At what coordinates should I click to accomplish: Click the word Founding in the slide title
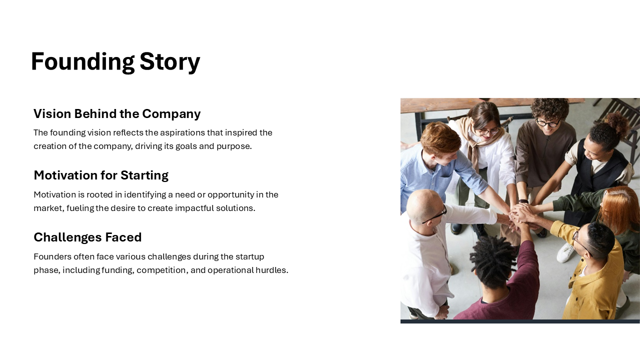83,62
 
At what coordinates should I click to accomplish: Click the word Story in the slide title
170,62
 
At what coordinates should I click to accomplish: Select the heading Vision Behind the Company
117,113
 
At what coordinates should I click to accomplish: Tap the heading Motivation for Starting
101,175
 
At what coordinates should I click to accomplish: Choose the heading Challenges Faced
87,237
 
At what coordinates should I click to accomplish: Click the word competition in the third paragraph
162,270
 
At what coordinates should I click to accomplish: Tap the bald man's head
422,205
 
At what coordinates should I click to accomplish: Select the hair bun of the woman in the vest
617,123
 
